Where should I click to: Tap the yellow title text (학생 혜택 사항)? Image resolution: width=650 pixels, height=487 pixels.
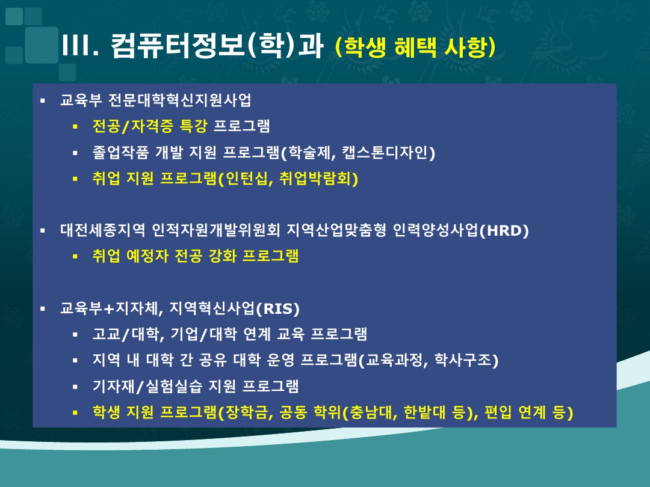point(415,47)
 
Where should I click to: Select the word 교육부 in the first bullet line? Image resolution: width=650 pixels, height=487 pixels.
point(81,100)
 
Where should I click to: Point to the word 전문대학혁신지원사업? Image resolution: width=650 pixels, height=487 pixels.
point(179,100)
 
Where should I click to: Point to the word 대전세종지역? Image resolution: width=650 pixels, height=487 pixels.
point(103,230)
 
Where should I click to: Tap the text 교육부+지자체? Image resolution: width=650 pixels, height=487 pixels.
point(108,308)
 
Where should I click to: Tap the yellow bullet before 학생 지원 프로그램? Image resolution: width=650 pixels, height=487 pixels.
point(75,412)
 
